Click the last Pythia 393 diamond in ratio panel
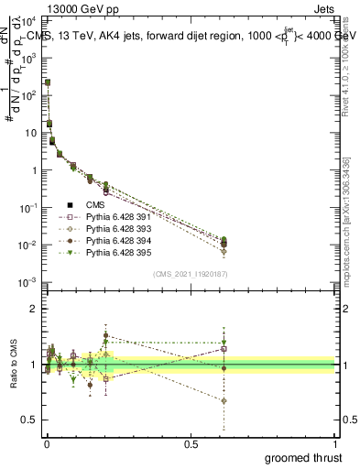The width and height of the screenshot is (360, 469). click(x=224, y=401)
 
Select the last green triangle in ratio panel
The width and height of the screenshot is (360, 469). click(x=224, y=343)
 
